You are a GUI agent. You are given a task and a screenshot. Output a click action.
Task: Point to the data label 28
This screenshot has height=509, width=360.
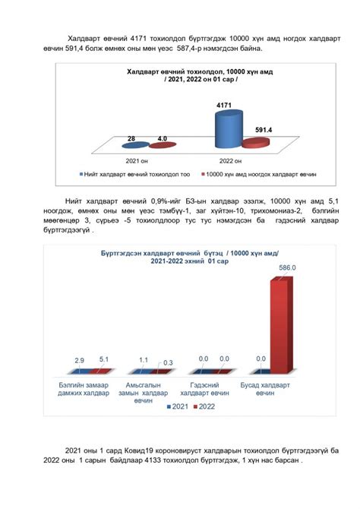131,139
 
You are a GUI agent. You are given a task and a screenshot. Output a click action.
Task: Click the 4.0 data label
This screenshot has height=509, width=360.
162,139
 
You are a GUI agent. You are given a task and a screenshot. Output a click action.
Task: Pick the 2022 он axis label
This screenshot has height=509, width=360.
226,160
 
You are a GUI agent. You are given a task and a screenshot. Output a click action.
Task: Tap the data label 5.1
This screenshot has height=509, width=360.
104,359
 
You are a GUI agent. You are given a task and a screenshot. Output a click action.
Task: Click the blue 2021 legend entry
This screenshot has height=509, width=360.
176,408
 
